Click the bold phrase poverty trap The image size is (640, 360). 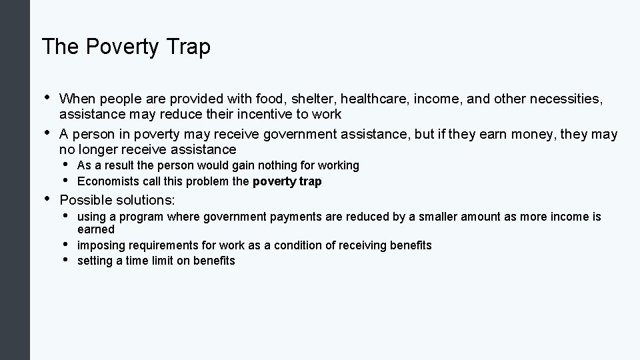[x=287, y=181]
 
